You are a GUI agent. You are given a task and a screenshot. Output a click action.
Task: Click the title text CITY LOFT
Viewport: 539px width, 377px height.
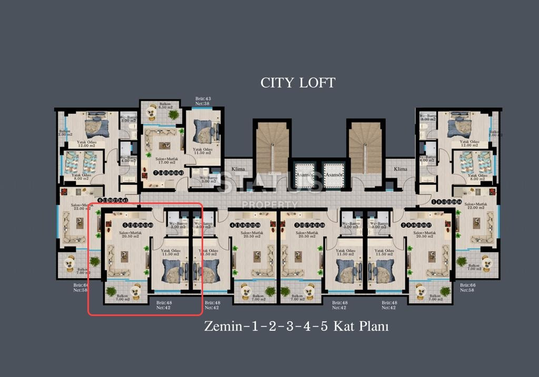coord(297,83)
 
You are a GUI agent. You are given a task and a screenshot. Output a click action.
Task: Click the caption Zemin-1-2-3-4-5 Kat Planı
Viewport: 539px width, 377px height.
coord(296,327)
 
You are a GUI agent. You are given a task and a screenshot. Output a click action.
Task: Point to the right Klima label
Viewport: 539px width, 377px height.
coord(401,169)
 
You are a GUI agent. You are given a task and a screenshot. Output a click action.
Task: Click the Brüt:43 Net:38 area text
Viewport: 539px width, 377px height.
coord(203,101)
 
